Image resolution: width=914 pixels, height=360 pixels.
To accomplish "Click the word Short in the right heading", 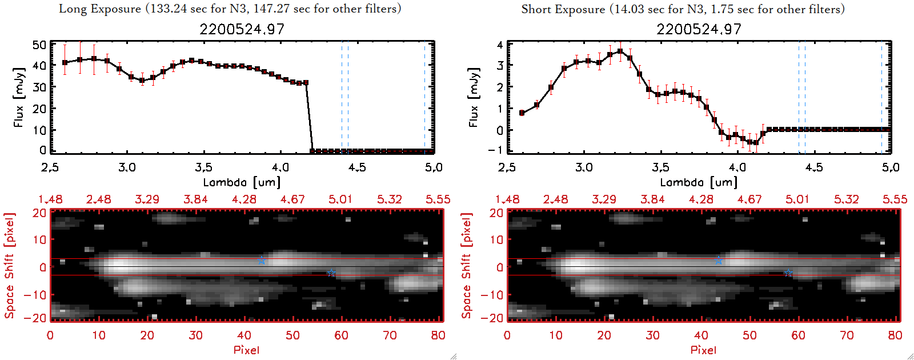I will point(536,9).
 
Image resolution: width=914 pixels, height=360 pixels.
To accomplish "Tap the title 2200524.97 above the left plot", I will point(242,29).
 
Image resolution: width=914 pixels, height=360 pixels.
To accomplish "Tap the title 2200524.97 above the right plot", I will point(699,29).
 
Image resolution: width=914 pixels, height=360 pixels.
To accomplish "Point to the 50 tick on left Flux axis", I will point(39,45).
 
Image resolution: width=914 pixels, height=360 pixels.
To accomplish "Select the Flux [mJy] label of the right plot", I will point(474,98).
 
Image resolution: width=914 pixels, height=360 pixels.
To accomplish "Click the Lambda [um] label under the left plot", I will point(242,182).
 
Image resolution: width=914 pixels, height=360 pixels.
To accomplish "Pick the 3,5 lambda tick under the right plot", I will point(660,167).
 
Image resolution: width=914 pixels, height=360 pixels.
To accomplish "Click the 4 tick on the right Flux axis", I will point(500,45).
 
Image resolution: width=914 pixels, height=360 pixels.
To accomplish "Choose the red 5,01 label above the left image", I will point(340,199).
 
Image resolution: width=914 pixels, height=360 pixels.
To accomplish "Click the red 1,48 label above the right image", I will point(507,199).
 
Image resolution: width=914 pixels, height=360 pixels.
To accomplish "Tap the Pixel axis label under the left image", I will point(246,350).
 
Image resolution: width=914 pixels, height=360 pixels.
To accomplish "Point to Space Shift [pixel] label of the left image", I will point(10,266).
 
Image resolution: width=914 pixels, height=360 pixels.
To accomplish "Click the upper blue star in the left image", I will point(262,261).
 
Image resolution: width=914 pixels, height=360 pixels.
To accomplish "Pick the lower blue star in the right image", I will point(788,273).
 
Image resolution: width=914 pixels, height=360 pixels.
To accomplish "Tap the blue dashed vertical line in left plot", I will point(342,97).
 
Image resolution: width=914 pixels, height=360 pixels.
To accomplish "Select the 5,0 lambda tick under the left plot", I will point(434,167).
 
